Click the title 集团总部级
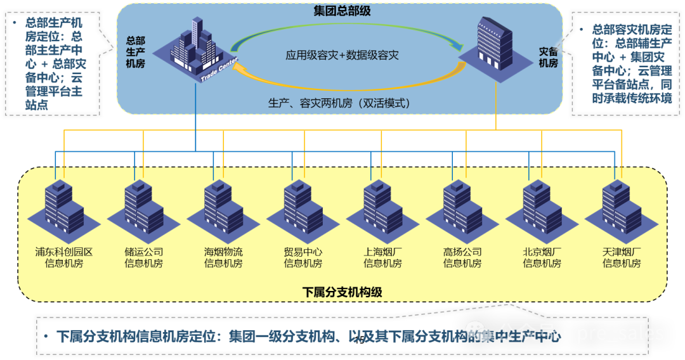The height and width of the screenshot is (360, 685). coord(342,11)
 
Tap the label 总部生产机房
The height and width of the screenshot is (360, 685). coord(136,50)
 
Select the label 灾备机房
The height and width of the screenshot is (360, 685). coord(548,56)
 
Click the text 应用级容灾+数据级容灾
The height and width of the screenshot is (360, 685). coord(342,55)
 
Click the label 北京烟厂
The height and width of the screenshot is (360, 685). coord(542,252)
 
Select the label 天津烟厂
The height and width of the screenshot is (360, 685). coord(622,252)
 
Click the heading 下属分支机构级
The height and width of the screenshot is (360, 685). coord(342,292)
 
